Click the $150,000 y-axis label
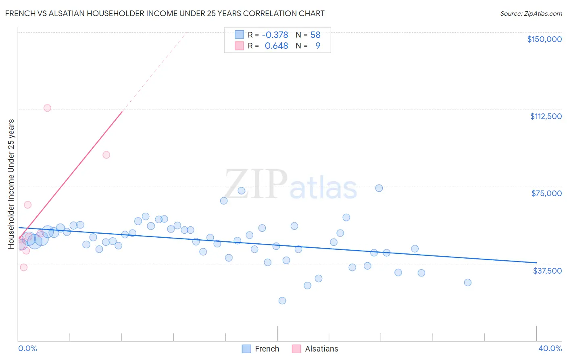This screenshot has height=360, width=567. tap(544, 39)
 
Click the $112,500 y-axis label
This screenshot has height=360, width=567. tap(546, 116)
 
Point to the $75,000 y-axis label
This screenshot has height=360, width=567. tap(546, 193)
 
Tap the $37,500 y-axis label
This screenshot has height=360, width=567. tap(547, 271)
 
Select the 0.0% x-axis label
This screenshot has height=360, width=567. tap(27, 348)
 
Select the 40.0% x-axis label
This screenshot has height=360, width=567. tap(550, 348)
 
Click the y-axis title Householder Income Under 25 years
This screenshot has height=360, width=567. tap(11, 184)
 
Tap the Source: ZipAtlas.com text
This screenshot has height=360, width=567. tap(531, 13)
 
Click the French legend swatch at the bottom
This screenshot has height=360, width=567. tap(246, 349)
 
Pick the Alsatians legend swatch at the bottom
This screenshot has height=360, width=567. tap(296, 349)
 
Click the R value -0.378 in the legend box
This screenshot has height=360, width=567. tap(275, 35)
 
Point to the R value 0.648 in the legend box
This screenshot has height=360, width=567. tap(276, 46)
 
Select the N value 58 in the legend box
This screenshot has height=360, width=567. tap(315, 35)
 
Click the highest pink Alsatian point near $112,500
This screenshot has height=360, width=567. tap(47, 108)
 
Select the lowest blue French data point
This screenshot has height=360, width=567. tap(282, 301)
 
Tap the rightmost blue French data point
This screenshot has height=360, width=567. tap(468, 283)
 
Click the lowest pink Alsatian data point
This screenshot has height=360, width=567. tap(24, 267)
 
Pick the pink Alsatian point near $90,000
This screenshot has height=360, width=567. tap(106, 155)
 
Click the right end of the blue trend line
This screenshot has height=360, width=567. tap(536, 263)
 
